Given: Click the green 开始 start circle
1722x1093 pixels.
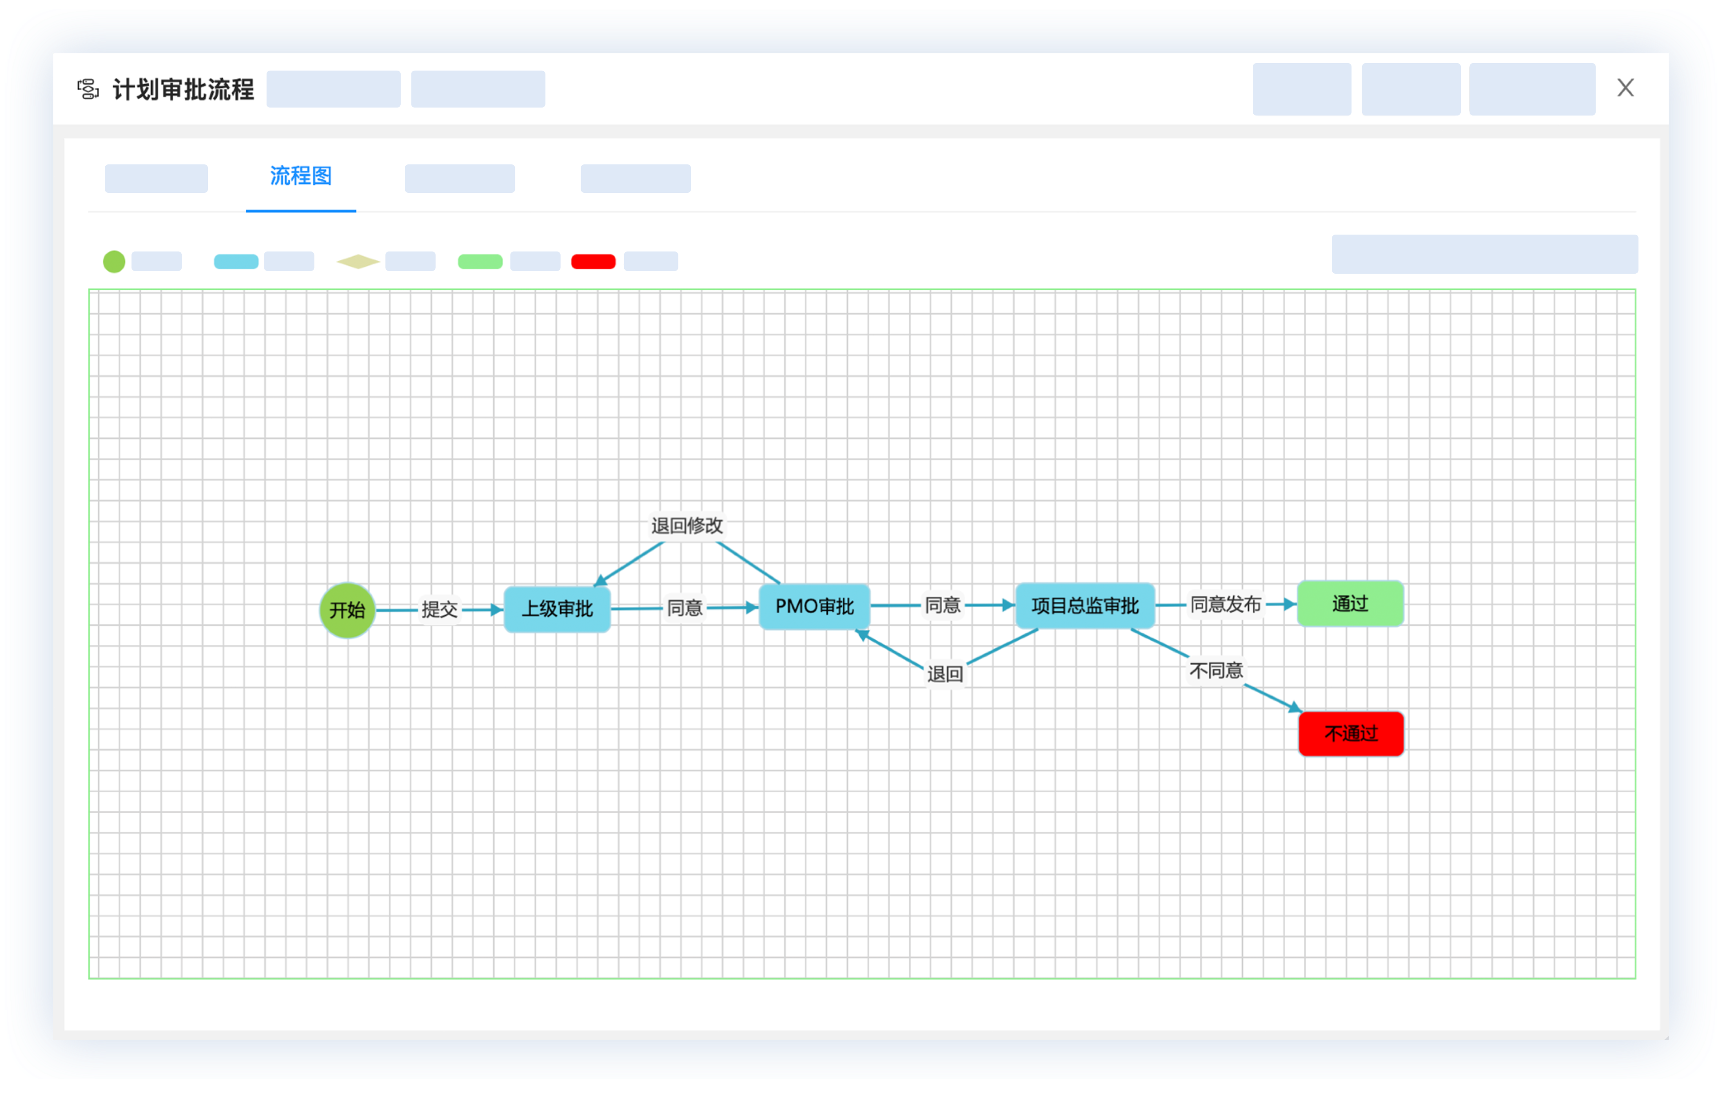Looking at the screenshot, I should point(347,610).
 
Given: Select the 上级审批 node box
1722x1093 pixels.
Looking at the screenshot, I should point(557,609).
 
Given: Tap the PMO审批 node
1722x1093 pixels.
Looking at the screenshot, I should point(814,606).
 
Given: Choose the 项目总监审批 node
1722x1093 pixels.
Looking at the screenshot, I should point(1085,606).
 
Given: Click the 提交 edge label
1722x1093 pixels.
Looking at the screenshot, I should point(439,610).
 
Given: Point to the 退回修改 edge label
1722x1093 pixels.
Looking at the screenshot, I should point(686,526).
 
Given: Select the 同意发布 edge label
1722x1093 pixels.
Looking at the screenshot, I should point(1225,604).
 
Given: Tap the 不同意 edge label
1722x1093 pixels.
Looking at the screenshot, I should point(1216,670).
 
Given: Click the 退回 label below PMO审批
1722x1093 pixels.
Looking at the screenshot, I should point(945,674).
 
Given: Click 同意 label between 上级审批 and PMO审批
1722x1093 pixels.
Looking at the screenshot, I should point(684,608).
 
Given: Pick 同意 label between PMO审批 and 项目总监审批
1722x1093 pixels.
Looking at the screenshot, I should point(942,605).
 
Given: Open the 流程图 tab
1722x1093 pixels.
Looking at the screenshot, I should point(300,176).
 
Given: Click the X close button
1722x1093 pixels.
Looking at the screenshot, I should point(1626,88).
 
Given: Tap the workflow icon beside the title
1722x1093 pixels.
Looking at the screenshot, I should point(88,89).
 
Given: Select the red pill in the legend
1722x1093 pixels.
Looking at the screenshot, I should point(593,262).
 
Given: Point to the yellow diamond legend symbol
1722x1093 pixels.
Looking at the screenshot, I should point(358,262).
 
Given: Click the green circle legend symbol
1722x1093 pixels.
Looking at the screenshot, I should point(114,262).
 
